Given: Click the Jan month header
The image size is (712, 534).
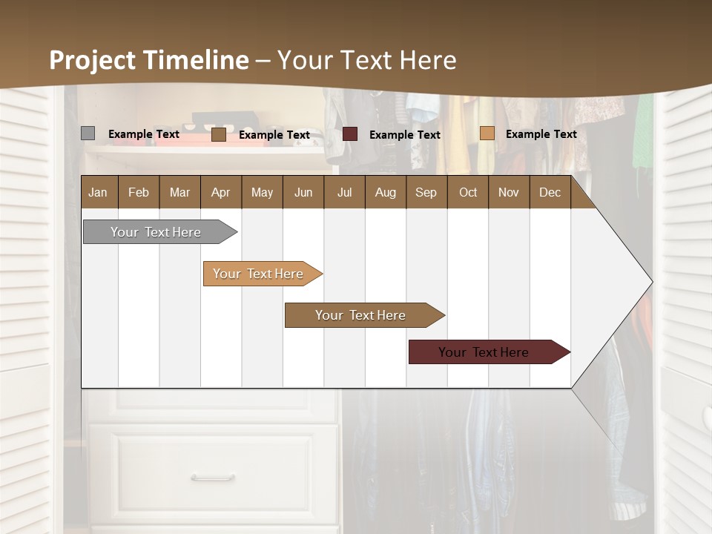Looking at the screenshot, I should click(98, 192).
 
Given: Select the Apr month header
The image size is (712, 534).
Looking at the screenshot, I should click(220, 192).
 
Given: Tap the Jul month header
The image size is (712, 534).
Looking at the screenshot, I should click(344, 192).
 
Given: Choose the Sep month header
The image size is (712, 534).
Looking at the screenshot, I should click(426, 192).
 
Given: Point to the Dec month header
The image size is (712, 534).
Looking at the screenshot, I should click(550, 192).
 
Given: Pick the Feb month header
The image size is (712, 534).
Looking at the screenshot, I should click(139, 192).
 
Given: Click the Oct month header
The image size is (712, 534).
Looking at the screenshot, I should click(468, 192).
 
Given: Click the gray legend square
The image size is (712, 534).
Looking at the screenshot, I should click(88, 133).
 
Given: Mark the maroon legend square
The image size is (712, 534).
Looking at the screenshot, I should click(350, 134).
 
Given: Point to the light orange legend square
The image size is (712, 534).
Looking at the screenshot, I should click(487, 133).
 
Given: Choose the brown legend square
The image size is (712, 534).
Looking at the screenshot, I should click(218, 134).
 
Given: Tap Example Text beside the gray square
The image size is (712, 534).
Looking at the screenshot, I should click(144, 134).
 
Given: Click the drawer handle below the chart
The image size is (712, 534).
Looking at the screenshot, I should click(213, 478).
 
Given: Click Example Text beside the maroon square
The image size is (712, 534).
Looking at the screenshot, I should click(405, 135).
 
